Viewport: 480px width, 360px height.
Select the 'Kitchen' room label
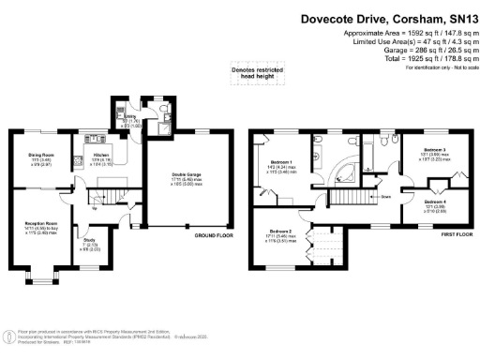click(102, 155)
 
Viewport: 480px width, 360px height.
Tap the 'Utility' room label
click(130, 116)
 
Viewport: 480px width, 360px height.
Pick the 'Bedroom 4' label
click(434, 202)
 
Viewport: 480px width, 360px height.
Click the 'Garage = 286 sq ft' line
click(427, 51)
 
